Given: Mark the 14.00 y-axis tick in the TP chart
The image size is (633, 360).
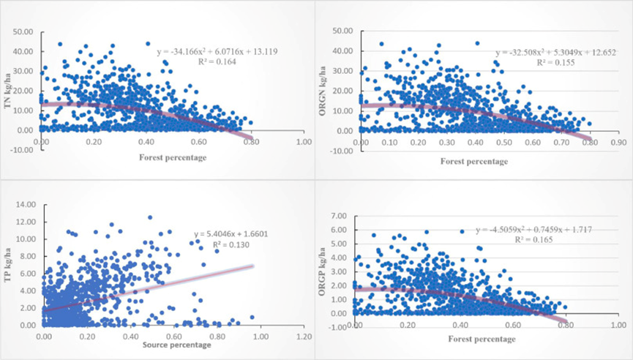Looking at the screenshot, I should [24, 204].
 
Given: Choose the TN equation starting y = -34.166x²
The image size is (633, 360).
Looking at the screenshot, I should [217, 52].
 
